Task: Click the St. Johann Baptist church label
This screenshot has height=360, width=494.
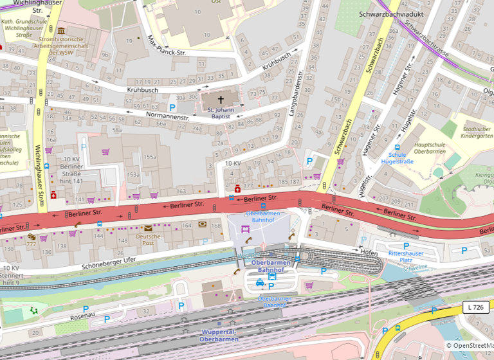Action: [220, 113]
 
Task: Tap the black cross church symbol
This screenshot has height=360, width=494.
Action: [221, 100]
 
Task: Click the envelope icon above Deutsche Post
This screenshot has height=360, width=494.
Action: [149, 228]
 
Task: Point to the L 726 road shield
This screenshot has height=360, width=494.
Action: [475, 308]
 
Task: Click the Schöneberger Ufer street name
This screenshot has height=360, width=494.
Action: [109, 262]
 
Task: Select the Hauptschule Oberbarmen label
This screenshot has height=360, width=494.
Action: [430, 147]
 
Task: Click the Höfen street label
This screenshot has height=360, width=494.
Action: [369, 253]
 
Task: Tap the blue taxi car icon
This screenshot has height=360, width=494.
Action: [260, 283]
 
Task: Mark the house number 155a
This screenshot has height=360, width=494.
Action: [150, 156]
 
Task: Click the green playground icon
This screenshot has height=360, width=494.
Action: [33, 310]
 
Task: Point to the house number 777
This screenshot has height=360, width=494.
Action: [31, 245]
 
